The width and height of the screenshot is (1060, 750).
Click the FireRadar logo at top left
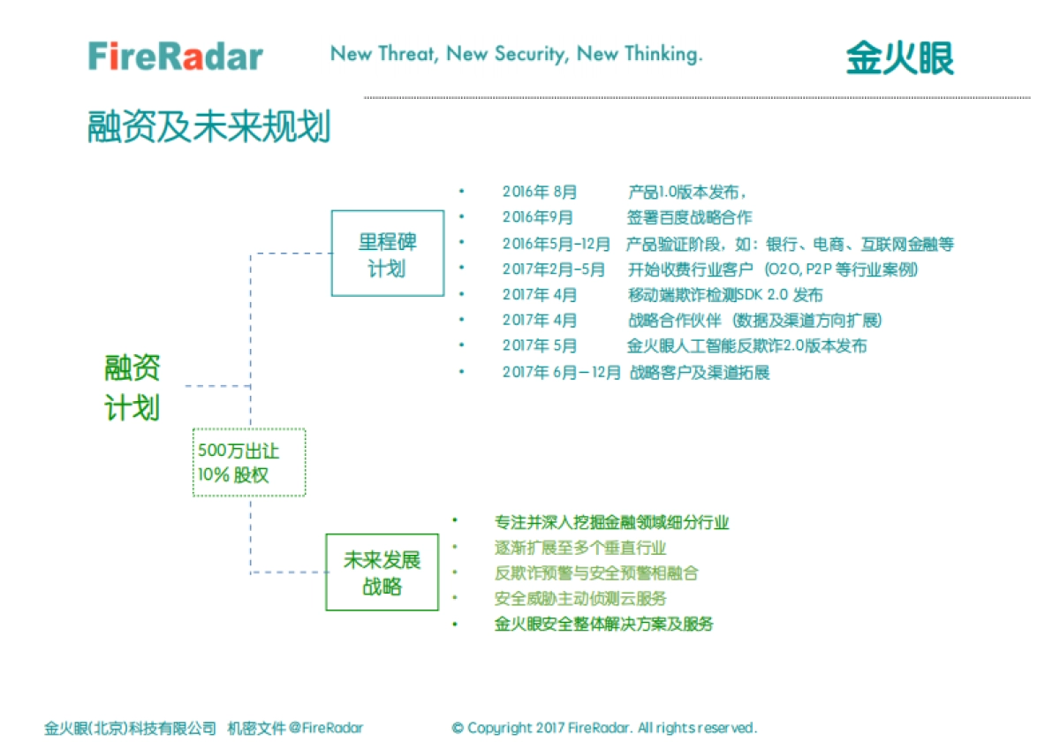coord(176,57)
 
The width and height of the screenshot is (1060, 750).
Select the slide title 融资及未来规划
coord(208,127)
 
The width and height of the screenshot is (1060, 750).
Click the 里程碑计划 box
coord(387,254)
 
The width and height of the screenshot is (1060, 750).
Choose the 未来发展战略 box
coord(382,572)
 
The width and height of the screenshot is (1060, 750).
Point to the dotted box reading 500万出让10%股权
coord(249,462)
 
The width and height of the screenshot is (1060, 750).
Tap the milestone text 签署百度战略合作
coord(689,217)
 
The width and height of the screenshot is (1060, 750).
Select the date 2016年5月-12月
coord(556,244)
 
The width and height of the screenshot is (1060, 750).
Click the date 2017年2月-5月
coord(554,269)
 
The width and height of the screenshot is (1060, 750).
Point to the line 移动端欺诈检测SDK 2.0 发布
coord(724,295)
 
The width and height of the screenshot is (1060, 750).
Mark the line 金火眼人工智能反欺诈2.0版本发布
coord(746,346)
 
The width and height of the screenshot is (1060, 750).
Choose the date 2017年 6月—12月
coord(561,372)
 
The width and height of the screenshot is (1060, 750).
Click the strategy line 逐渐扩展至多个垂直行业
coord(580,548)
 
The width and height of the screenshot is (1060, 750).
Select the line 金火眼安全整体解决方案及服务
coord(603,625)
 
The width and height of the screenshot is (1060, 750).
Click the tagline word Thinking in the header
coord(662,54)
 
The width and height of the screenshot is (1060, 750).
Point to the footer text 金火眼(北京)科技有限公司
coord(130,728)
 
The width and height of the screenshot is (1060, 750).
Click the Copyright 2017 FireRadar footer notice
coord(604,728)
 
